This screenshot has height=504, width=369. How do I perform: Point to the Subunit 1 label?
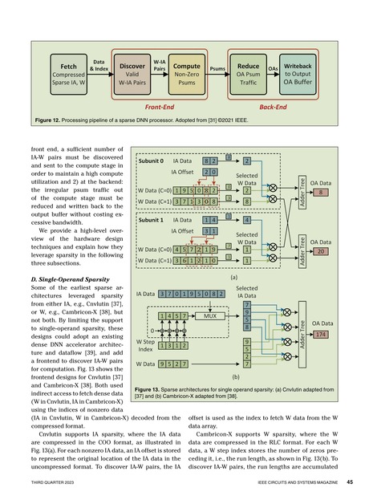click(152, 218)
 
